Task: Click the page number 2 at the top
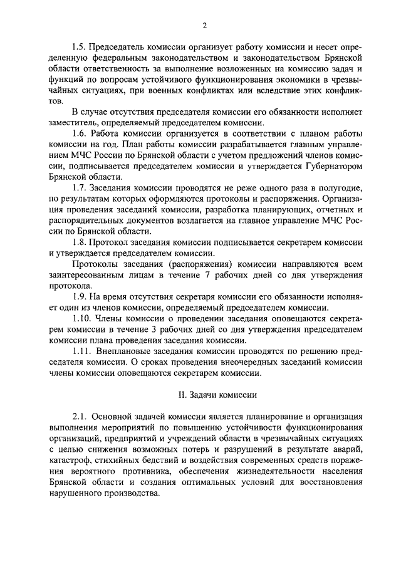(204, 25)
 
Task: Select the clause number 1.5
(79, 48)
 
